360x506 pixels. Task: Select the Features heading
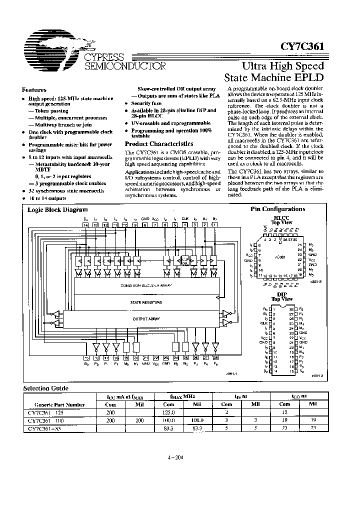(34, 90)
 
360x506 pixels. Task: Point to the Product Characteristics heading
(156, 144)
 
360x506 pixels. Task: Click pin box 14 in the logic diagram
(86, 225)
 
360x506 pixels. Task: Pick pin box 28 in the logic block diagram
(215, 357)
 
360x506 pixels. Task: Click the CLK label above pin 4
(185, 219)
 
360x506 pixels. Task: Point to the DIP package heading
(281, 294)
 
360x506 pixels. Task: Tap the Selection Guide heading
(46, 388)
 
